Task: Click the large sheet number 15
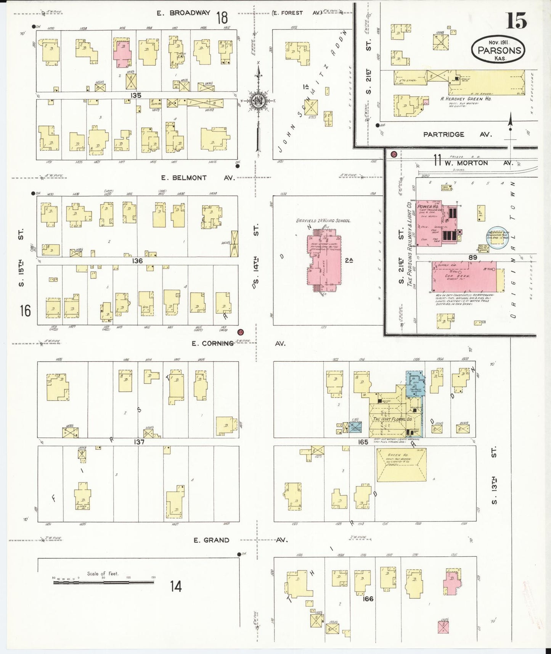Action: (x=516, y=21)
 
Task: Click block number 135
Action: (x=136, y=95)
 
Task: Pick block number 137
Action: (x=139, y=442)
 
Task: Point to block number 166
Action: (x=368, y=599)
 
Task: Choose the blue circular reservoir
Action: (x=498, y=239)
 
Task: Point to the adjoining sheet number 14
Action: (x=176, y=586)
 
